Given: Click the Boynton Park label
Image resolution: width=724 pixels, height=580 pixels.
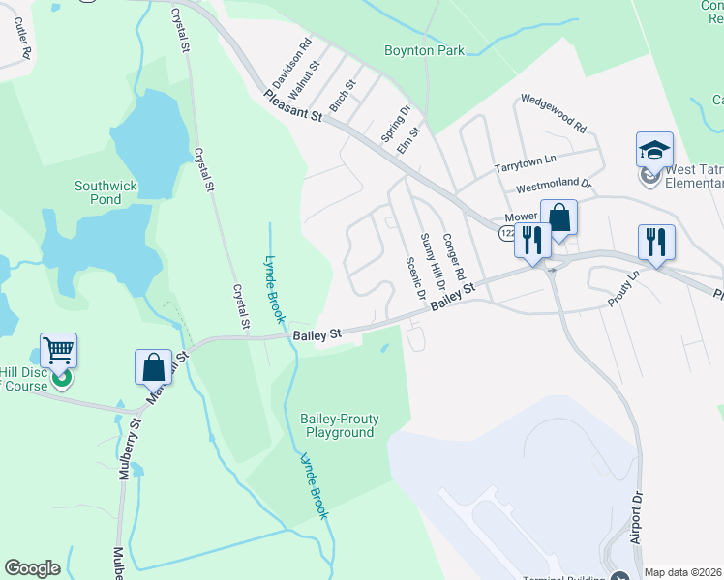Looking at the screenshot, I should click(424, 51).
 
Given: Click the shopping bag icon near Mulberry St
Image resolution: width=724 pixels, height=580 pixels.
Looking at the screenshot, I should click(153, 367).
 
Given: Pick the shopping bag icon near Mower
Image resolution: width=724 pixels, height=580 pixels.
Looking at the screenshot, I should click(559, 217).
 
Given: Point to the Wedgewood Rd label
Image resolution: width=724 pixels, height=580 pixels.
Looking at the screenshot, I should click(554, 113).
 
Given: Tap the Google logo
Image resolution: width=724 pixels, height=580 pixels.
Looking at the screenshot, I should click(33, 568).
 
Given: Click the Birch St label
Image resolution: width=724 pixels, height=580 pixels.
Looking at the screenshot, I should click(343, 95).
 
